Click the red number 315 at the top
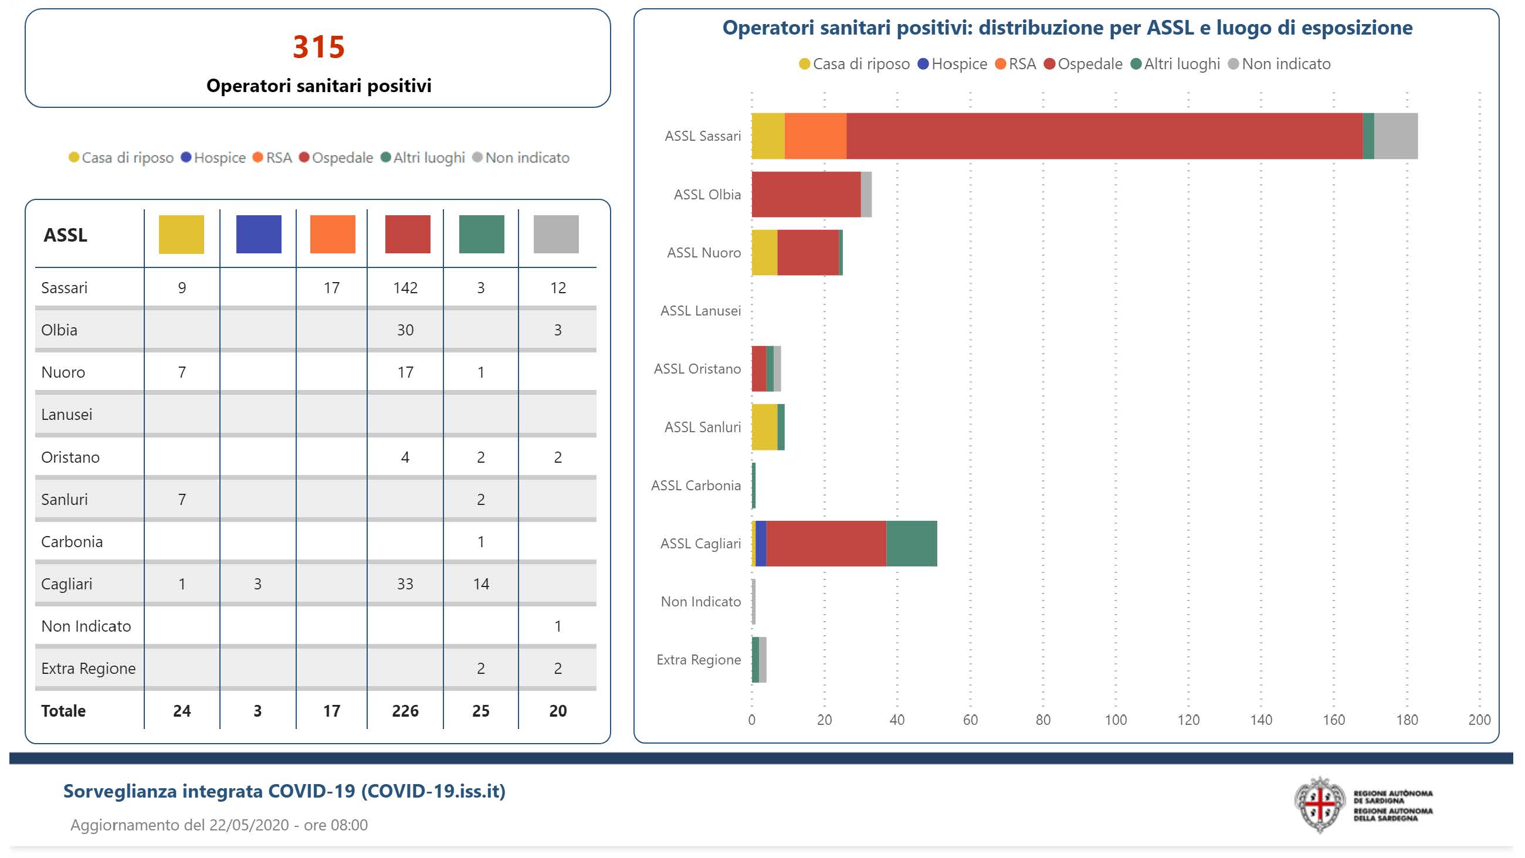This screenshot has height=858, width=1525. tap(318, 47)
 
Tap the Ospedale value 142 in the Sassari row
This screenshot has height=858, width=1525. tap(405, 288)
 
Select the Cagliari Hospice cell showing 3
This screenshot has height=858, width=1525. tap(257, 584)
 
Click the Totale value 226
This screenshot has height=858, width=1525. tap(405, 711)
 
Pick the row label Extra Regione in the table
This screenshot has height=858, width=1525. tap(88, 668)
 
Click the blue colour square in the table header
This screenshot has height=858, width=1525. tap(259, 235)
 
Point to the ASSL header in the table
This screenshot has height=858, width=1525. tap(65, 235)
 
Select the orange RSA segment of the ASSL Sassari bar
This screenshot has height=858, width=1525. tap(815, 136)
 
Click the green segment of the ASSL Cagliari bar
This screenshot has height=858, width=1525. tap(911, 544)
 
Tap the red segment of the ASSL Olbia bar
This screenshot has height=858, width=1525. tap(806, 194)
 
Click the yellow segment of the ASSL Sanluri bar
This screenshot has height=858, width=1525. tap(764, 427)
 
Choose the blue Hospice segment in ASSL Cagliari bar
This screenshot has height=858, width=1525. tap(761, 544)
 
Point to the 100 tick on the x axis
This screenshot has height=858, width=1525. tap(1116, 720)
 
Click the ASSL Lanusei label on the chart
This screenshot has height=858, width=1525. tap(700, 311)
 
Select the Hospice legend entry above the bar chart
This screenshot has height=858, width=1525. tap(953, 64)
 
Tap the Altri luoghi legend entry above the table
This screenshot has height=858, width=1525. tap(423, 158)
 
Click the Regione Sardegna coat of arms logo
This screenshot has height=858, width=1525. tap(1319, 805)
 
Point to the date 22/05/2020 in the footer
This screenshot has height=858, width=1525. tap(249, 825)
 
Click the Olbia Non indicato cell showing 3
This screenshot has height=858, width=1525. tap(557, 330)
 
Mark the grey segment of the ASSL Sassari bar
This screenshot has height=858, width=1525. tap(1395, 136)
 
